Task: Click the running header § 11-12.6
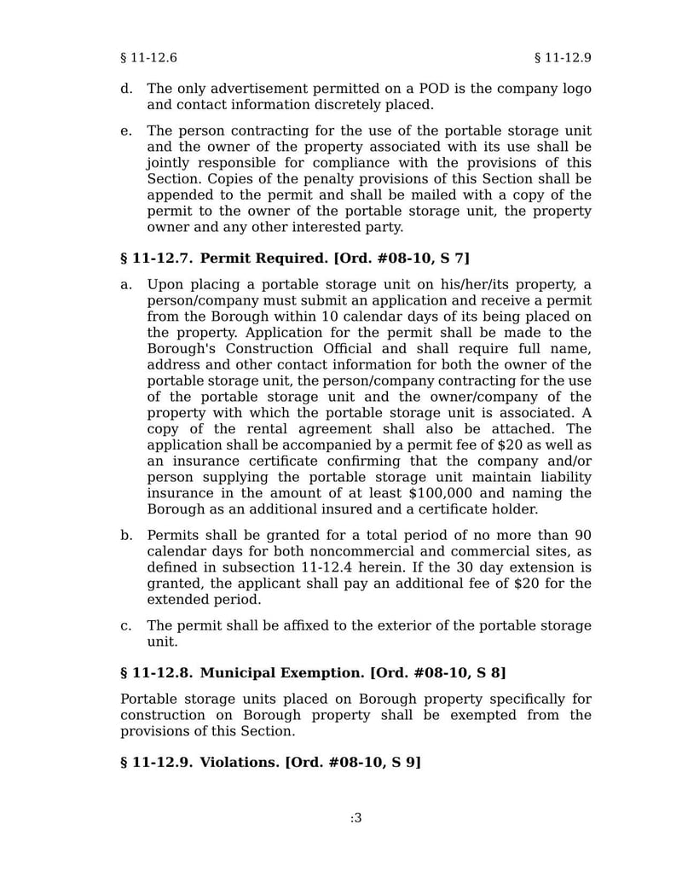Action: (x=148, y=58)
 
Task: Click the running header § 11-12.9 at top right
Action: (x=563, y=58)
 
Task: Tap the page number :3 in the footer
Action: (x=355, y=818)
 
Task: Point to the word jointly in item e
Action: (x=170, y=163)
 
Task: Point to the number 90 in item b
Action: (x=582, y=536)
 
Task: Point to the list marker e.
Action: (x=126, y=131)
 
